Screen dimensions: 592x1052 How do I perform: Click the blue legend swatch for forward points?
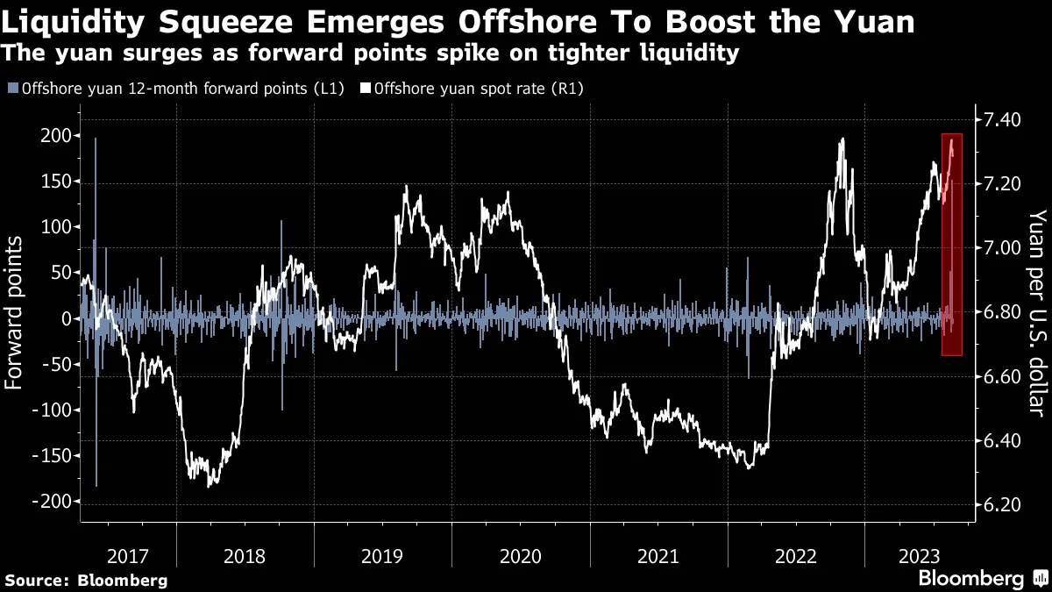12,89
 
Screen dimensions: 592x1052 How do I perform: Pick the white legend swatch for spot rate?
366,89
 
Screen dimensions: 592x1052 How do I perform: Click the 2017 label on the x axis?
128,556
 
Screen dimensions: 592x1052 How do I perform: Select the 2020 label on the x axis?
521,556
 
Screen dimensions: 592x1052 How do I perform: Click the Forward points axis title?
15,319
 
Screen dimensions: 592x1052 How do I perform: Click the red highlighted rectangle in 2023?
952,245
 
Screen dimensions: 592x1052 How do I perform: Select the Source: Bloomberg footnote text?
86,580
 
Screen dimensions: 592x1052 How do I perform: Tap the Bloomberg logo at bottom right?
981,579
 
